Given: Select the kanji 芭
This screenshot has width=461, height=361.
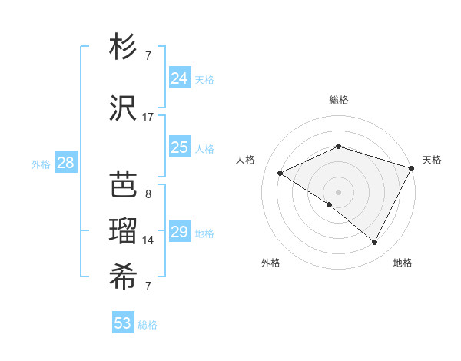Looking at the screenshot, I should point(125,184).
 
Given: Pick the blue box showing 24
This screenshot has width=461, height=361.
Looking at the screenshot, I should point(179,78).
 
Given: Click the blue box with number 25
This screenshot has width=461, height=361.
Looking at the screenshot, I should point(179,147).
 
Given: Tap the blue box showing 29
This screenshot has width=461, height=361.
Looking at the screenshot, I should point(179,231).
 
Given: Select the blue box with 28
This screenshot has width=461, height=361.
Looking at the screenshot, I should point(65,162).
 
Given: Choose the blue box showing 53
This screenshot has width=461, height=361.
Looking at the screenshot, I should point(123,323).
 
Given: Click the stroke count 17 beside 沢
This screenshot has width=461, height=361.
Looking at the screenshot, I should point(148,117).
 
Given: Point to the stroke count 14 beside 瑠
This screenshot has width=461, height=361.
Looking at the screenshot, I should point(148,240).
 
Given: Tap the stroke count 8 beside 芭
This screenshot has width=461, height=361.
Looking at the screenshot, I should point(148,194).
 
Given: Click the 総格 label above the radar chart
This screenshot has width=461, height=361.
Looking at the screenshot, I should point(338,100).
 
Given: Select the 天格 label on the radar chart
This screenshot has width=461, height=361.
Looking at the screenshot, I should point(432,160).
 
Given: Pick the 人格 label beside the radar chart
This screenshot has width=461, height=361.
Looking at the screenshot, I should point(246,160).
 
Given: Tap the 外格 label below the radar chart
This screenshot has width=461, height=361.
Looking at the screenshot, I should point(270,263).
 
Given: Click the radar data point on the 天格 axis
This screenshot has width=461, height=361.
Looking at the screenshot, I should point(412,168).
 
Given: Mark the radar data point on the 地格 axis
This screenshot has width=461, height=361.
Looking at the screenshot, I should point(375,243).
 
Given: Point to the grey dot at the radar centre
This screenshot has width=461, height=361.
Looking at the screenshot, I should point(338,191).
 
